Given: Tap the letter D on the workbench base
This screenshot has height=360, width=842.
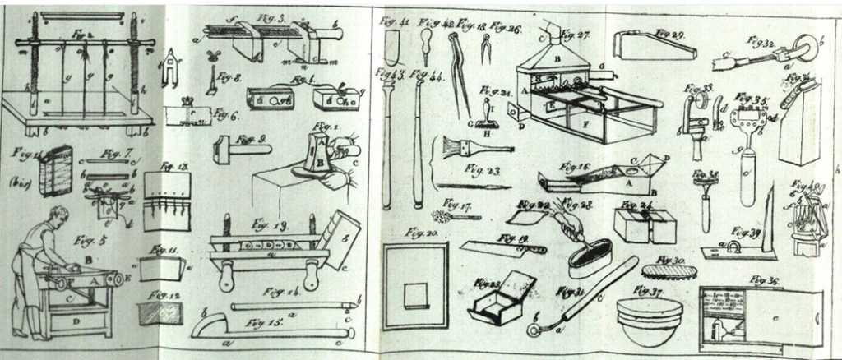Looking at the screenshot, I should [76, 313].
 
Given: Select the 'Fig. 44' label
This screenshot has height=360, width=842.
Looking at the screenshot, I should [426, 75].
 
